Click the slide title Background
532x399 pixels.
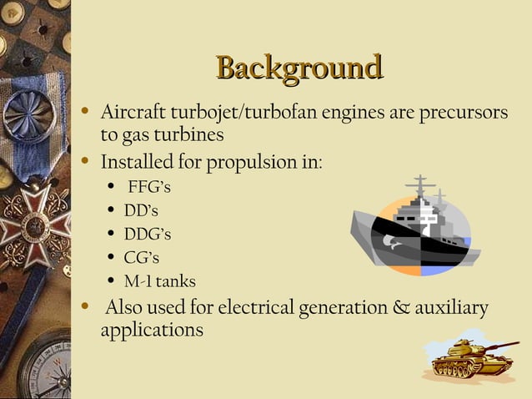(298, 68)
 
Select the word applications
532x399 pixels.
(151, 330)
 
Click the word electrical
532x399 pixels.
(255, 308)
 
